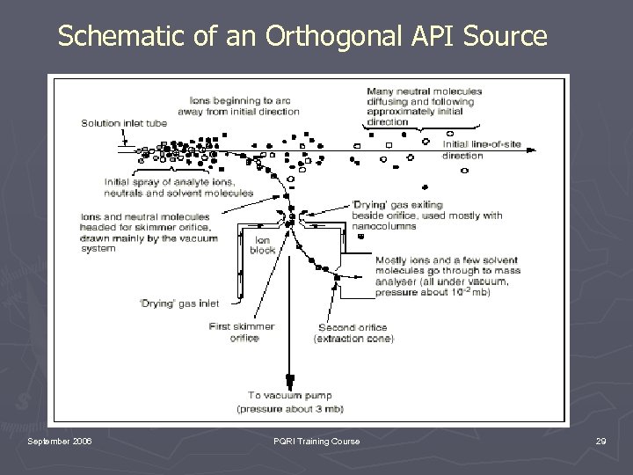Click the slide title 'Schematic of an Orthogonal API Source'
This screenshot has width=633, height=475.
302,36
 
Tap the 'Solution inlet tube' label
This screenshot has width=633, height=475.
124,122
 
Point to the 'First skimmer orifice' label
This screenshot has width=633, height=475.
242,332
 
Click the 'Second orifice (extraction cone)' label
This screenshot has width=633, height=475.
354,332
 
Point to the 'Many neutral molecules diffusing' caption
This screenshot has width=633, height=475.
421,91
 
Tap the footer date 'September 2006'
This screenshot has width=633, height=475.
60,441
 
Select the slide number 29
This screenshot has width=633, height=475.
600,441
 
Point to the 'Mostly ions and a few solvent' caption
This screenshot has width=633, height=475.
446,260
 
